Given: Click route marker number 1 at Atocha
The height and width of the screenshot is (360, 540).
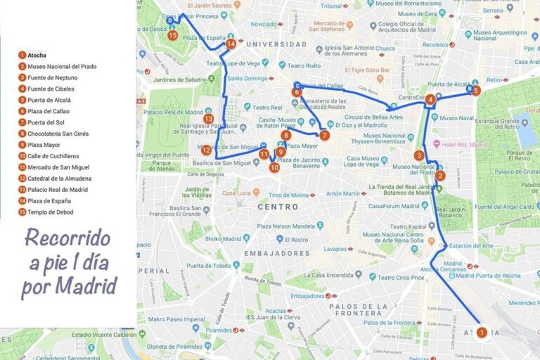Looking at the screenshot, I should pyautogui.click(x=481, y=332).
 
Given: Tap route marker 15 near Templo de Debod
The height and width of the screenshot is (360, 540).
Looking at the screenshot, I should pyautogui.click(x=172, y=35).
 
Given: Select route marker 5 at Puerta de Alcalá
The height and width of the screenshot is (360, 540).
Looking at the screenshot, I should pyautogui.click(x=476, y=91).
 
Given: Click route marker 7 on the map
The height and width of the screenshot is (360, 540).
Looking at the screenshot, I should pyautogui.click(x=324, y=135).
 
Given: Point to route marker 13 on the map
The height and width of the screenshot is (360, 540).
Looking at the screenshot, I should pyautogui.click(x=208, y=119).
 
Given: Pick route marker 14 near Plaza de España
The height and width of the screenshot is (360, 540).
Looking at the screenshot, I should pyautogui.click(x=231, y=44).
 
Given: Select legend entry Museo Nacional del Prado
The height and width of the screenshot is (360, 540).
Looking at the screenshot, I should pyautogui.click(x=62, y=66).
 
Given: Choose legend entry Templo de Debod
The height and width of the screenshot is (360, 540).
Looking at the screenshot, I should pyautogui.click(x=51, y=212).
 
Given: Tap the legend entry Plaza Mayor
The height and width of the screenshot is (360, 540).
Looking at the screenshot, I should pyautogui.click(x=44, y=145).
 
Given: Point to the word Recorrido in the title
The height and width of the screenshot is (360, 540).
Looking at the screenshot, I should pyautogui.click(x=67, y=237).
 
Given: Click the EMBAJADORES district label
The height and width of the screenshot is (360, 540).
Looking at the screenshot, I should pyautogui.click(x=267, y=252).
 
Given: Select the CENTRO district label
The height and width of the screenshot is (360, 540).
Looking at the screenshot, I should pyautogui.click(x=278, y=207).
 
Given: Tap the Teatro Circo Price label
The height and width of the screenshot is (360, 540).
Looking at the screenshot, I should pyautogui.click(x=387, y=277).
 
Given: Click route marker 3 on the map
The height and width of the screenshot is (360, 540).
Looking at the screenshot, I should pyautogui.click(x=419, y=155).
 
